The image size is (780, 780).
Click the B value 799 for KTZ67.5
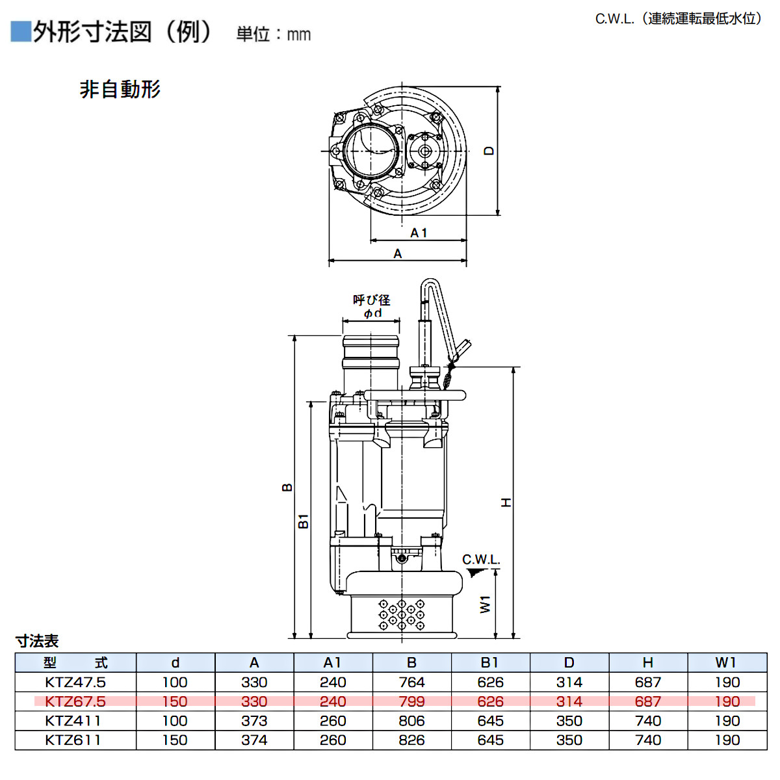411,702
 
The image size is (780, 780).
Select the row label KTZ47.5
75,682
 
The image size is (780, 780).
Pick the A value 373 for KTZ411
254,721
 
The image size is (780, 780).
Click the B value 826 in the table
411,740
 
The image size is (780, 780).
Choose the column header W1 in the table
727,663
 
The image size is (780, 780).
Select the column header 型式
75,663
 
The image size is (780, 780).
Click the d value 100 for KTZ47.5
175,682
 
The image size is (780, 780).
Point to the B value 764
411,682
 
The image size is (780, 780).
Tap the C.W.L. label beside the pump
481,560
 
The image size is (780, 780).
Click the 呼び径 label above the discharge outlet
371,300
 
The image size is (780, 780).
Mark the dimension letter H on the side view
506,502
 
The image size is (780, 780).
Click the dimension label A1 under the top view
419,233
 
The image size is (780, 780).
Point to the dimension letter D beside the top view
489,151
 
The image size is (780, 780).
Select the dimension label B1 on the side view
304,521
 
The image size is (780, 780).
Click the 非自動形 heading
120,89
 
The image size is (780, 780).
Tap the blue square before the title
21,32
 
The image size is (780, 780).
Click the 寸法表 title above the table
37,642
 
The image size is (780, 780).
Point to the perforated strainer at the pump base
402,615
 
